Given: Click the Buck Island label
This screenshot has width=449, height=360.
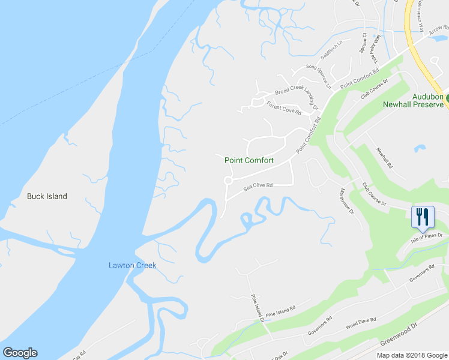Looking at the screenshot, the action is (x=47, y=196).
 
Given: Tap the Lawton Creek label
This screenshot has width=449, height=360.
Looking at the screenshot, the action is (x=132, y=265).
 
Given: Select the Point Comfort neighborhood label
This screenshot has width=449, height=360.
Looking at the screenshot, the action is (x=249, y=160).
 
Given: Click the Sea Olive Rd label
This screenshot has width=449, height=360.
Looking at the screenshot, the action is (x=258, y=187).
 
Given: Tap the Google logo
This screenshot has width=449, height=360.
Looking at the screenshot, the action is (x=20, y=353).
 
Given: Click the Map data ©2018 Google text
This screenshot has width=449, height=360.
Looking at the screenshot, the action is (x=411, y=355).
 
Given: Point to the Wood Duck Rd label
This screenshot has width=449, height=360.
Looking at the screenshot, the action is (x=361, y=324).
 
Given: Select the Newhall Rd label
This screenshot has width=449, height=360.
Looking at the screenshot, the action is (x=384, y=158).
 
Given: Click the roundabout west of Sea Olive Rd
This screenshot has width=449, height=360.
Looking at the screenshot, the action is (x=228, y=181).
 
